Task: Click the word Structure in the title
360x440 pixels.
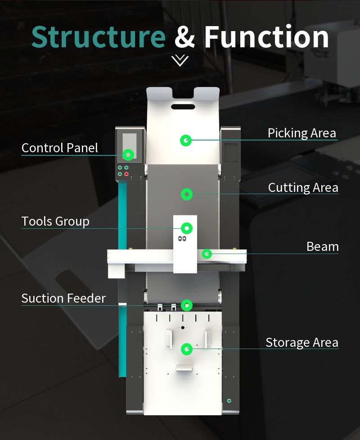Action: [99, 37]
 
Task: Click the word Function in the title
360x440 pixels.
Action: [266, 37]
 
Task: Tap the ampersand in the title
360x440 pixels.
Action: [184, 37]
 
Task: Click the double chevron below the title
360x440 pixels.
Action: [180, 60]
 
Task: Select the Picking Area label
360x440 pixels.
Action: [302, 133]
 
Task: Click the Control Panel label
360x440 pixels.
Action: [60, 148]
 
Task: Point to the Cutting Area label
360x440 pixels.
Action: [303, 187]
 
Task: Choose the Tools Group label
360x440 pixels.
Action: [55, 222]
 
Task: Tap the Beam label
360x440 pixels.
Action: [323, 247]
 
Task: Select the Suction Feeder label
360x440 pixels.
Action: [63, 298]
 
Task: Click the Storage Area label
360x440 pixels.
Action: [302, 343]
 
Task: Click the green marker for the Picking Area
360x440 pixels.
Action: [185, 141]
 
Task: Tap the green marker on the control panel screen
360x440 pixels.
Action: [128, 155]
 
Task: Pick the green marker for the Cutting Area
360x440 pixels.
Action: [187, 194]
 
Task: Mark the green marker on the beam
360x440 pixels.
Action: [207, 254]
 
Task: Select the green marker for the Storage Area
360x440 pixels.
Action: [187, 349]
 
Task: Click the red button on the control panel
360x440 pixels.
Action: [126, 174]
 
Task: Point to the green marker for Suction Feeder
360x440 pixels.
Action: [187, 305]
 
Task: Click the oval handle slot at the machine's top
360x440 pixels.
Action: [183, 107]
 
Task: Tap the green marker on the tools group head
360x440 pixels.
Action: [187, 228]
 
